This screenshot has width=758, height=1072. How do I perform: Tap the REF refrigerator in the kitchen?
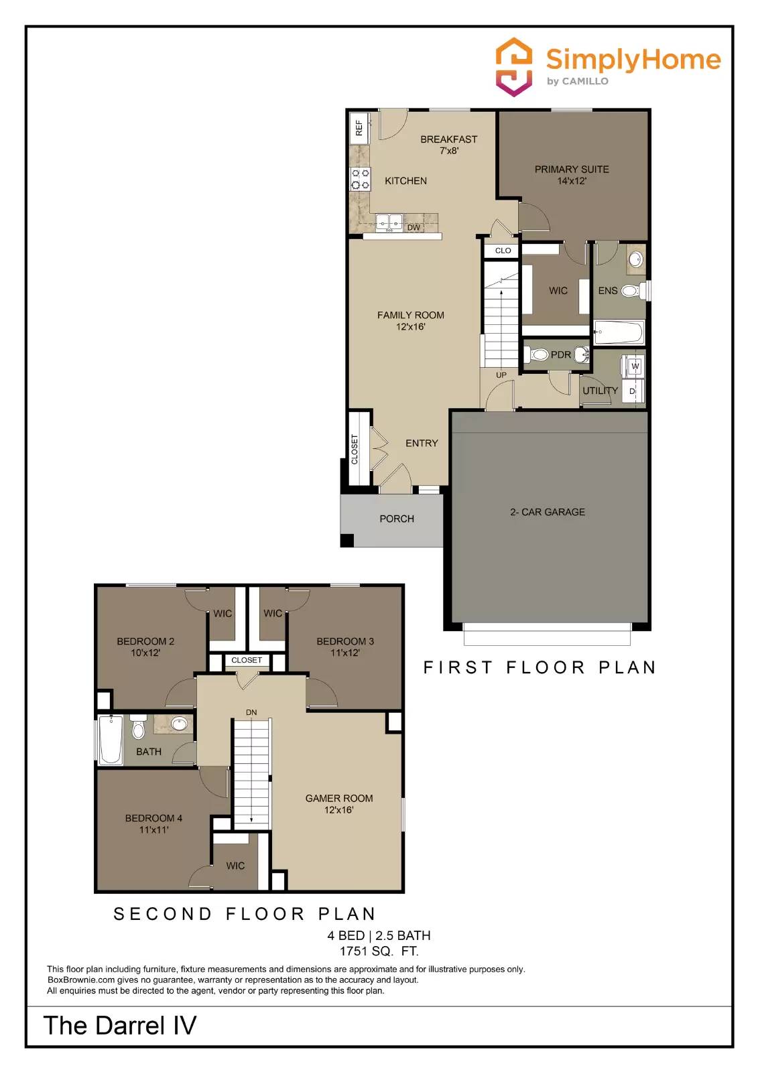[x=359, y=127]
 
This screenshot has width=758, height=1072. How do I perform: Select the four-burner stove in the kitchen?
[x=361, y=180]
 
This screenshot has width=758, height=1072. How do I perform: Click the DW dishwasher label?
[x=414, y=228]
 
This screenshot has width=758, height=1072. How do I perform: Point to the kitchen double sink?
[x=388, y=222]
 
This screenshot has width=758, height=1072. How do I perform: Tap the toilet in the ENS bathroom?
[x=631, y=291]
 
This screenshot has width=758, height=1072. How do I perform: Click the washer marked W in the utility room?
[x=635, y=366]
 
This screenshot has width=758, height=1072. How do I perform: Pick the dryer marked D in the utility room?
[x=632, y=391]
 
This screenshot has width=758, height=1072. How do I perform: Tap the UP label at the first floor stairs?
[x=501, y=375]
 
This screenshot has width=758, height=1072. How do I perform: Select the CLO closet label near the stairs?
[x=503, y=251]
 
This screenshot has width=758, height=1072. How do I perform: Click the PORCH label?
[x=397, y=519]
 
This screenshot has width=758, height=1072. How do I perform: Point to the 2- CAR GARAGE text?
[x=548, y=512]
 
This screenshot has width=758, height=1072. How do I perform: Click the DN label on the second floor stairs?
[x=251, y=712]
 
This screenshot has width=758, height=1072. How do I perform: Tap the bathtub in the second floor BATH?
[x=111, y=740]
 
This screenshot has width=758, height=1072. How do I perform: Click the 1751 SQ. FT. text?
[x=379, y=951]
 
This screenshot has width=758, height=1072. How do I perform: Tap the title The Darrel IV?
[x=120, y=1026]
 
